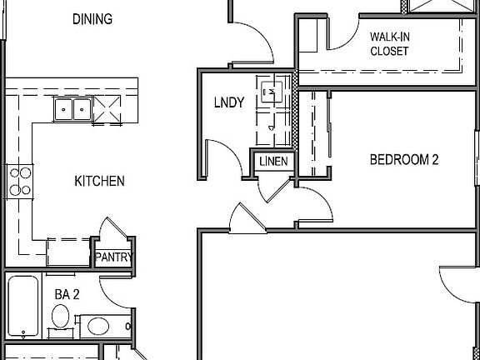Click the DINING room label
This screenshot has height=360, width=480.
[x=92, y=19]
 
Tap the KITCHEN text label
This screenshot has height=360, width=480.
[x=100, y=181]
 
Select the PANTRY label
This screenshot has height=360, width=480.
[x=113, y=257]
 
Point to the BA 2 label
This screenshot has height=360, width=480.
[x=67, y=293]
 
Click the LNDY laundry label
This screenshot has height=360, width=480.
[x=229, y=103]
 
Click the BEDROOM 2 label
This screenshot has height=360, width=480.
[x=404, y=160]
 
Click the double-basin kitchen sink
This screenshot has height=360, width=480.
[x=72, y=108]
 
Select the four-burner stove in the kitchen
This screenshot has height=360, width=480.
[x=19, y=181]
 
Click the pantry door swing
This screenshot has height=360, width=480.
[x=110, y=232]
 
